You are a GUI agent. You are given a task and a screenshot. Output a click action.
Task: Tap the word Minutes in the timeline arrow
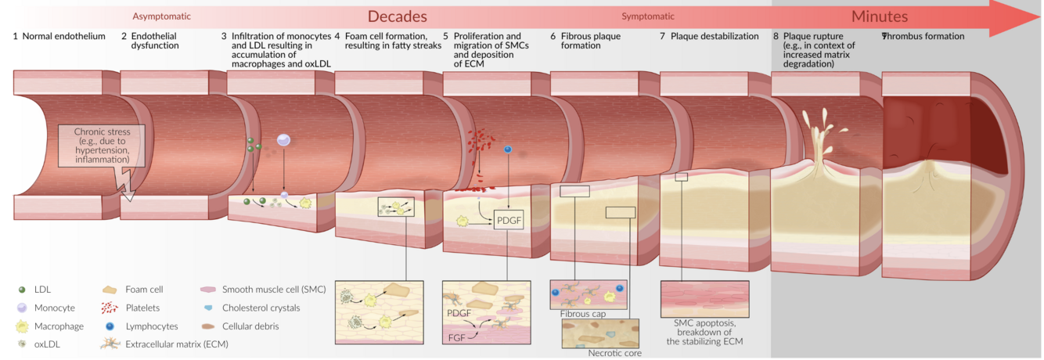880,16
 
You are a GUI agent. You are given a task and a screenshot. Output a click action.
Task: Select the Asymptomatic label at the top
161,16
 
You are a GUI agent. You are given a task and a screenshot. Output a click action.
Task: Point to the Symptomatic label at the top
647,16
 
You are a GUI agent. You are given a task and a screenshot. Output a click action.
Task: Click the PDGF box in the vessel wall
508,221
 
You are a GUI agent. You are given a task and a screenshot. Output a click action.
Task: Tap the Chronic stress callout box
102,146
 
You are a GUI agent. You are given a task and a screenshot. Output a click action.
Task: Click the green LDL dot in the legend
21,290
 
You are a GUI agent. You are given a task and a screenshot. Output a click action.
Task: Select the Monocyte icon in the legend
21,308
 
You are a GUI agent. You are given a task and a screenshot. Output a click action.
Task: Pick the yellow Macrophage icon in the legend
21,326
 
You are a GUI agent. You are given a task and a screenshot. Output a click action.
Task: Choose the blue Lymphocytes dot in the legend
109,326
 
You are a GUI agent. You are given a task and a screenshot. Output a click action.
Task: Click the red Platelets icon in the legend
109,308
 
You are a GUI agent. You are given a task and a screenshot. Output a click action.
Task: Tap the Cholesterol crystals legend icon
208,308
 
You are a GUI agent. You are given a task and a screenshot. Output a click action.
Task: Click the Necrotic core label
614,353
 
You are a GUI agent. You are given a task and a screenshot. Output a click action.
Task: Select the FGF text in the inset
458,339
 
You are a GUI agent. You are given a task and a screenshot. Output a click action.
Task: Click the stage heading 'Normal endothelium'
63,36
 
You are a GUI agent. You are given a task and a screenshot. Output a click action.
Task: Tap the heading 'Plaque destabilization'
715,36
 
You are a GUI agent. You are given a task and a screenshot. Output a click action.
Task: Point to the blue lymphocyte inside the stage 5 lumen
508,149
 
